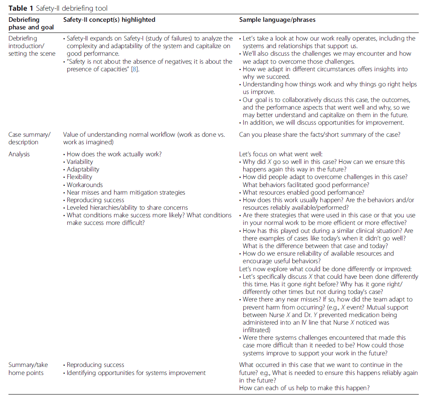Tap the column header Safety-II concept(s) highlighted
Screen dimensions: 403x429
[x=109, y=20]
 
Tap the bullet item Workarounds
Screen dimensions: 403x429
[x=85, y=185]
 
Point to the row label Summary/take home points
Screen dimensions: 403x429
[x=28, y=369]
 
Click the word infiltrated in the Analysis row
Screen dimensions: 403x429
[x=258, y=330]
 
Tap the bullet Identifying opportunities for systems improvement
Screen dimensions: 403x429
[x=136, y=373]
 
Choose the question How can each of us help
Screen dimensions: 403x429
[x=304, y=388]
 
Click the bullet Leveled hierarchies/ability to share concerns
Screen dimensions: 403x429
[x=127, y=208]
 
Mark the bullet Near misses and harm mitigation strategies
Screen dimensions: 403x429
[x=126, y=192]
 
